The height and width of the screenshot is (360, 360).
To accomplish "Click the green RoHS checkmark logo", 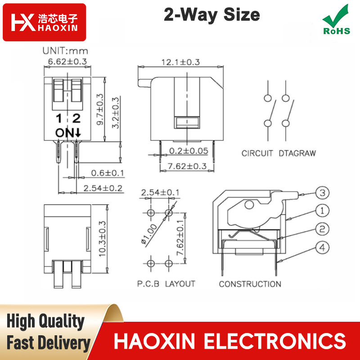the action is [x=336, y=20].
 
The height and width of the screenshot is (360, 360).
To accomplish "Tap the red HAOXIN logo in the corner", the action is [x=44, y=22].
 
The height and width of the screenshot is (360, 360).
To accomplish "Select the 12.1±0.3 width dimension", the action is [x=181, y=62].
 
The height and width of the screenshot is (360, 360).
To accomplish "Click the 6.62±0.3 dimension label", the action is [x=67, y=62].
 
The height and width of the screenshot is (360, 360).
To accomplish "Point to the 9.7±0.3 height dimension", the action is [x=100, y=109].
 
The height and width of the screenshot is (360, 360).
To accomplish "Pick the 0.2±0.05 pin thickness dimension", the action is [x=189, y=151].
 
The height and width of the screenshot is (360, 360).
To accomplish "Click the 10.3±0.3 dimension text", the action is [x=102, y=239].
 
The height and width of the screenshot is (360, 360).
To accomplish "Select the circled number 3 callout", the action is [x=322, y=193].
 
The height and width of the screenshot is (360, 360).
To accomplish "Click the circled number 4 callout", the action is [x=322, y=248].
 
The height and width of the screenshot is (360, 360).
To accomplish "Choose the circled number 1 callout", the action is [x=322, y=211].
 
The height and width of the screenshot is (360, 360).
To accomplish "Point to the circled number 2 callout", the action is [x=322, y=229].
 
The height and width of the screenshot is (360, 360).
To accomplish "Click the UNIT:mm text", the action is [x=65, y=51].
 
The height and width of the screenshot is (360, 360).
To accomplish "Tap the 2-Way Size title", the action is [x=211, y=15].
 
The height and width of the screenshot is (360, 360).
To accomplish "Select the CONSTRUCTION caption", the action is [x=250, y=284].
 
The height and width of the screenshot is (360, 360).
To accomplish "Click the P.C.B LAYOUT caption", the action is [x=166, y=284].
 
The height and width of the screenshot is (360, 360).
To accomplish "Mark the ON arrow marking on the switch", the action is [x=68, y=133].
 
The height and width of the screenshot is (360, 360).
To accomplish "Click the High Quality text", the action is [x=45, y=321].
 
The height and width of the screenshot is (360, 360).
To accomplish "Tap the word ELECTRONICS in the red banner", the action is [x=275, y=341].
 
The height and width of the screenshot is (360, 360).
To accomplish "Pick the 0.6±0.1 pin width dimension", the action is [x=108, y=173].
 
